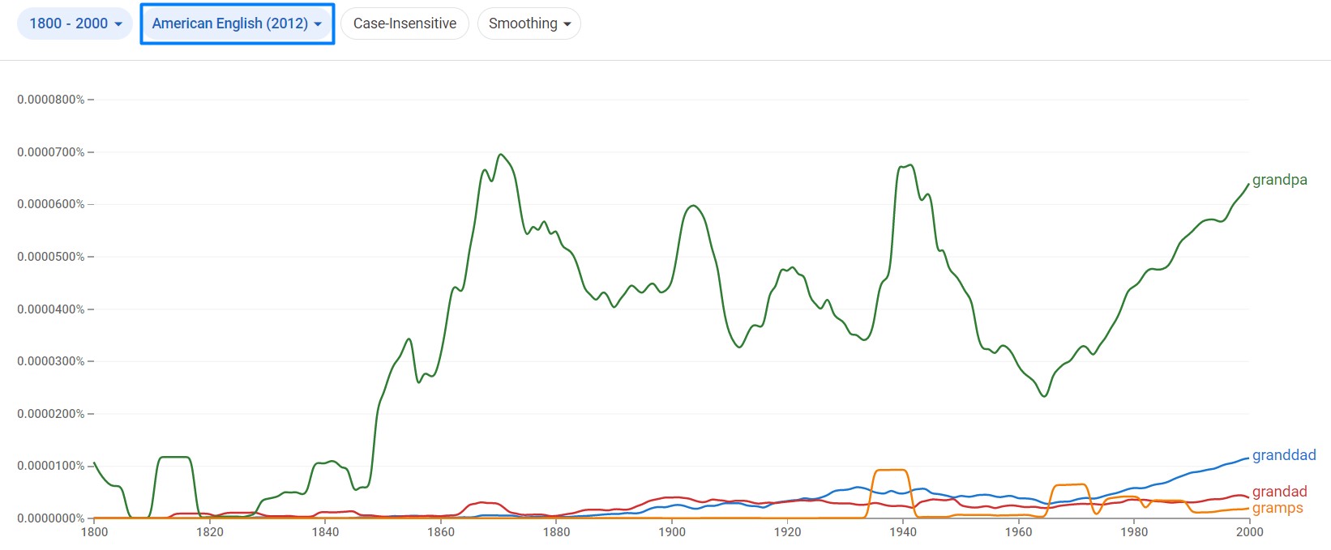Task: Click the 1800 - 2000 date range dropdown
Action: [75, 23]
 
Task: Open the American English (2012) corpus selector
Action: [237, 23]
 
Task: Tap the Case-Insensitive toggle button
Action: [404, 23]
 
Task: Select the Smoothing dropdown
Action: [529, 23]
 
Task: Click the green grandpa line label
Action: [1279, 180]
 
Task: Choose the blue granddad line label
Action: [1283, 455]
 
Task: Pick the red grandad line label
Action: [1279, 492]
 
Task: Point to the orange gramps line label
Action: [1278, 508]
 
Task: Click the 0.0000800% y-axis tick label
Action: [50, 100]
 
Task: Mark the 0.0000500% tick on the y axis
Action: [50, 257]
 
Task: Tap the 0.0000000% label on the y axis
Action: [50, 518]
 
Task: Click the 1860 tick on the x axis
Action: [441, 532]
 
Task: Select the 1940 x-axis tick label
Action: [902, 532]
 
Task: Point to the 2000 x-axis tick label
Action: [1249, 532]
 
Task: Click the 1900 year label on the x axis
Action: [672, 532]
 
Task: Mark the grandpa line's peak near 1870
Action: [501, 155]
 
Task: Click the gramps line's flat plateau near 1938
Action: [891, 470]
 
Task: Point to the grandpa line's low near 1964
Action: [1044, 396]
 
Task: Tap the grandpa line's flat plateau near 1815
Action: [174, 458]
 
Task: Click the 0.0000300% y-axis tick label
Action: [50, 361]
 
